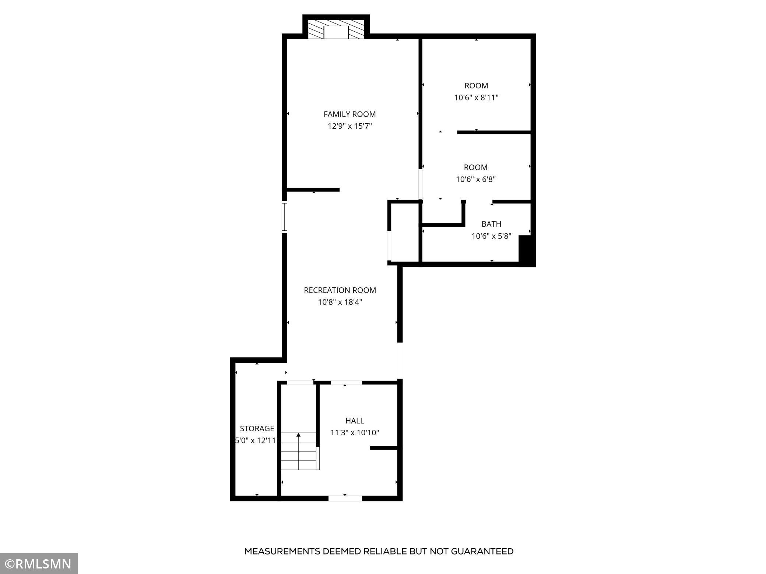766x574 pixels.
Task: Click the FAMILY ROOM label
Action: click(349, 114)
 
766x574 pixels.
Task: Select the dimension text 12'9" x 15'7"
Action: click(349, 126)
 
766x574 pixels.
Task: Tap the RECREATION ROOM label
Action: click(340, 290)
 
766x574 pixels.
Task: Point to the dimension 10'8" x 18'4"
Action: click(340, 302)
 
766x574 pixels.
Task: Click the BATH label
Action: click(491, 224)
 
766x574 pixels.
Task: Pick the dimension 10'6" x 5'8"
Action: click(491, 236)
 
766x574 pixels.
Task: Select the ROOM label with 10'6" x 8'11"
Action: click(476, 86)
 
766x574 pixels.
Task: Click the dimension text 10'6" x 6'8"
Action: click(475, 180)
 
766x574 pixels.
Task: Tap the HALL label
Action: click(354, 421)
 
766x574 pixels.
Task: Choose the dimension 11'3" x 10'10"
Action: click(354, 433)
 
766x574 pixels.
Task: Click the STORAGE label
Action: click(257, 428)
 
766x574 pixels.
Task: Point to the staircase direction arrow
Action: click(298, 436)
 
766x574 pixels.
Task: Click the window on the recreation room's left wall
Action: click(284, 217)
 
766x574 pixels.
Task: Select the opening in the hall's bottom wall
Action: click(345, 498)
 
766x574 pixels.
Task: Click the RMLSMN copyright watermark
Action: click(39, 564)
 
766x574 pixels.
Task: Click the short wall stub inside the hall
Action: click(384, 448)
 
